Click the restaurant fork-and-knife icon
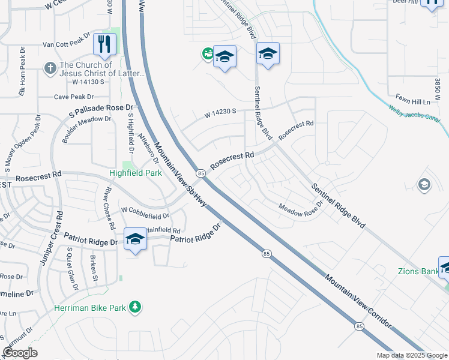pos(104,44)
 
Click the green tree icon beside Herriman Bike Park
pos(136,307)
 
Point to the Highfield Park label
pos(136,173)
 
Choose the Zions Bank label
pos(417,271)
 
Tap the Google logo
pos(20,353)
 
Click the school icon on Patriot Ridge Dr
pos(135,239)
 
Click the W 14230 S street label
pos(220,112)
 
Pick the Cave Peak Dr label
pos(74,97)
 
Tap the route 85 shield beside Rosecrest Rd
pos(200,173)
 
